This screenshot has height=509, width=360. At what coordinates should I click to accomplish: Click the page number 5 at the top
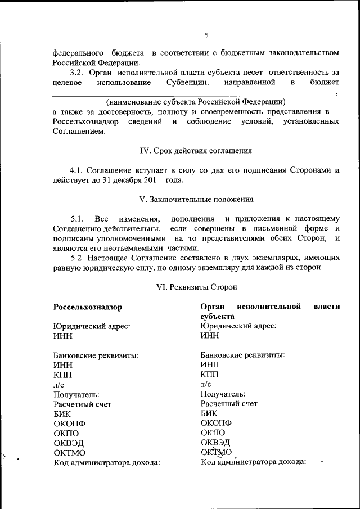(x=206, y=35)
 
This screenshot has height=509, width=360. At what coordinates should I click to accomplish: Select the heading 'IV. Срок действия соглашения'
(x=195, y=151)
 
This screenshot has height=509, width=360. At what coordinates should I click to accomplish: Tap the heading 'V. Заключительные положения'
(x=196, y=199)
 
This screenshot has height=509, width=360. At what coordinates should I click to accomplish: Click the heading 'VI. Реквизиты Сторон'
(x=196, y=286)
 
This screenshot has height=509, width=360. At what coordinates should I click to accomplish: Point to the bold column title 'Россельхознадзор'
(x=88, y=307)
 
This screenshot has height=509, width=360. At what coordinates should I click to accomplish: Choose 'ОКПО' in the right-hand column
(x=213, y=433)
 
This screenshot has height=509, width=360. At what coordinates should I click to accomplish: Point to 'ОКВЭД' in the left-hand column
(x=69, y=443)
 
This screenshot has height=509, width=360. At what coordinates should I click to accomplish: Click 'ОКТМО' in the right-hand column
(x=216, y=452)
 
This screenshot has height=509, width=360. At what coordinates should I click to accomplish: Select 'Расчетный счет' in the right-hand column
(x=229, y=403)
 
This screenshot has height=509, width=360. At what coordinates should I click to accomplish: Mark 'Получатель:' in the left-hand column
(x=76, y=394)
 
